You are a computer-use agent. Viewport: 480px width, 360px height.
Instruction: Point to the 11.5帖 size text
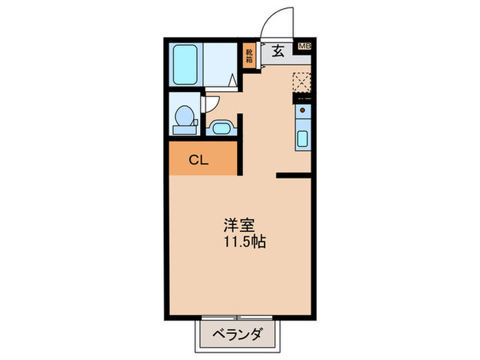coord(245,242)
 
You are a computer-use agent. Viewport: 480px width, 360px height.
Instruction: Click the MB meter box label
coord(304,47)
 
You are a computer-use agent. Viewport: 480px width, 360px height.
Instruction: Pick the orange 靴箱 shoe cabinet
coord(250,53)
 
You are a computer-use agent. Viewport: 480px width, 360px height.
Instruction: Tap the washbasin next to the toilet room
coord(221,127)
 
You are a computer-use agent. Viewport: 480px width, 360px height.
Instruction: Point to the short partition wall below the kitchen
coord(295,176)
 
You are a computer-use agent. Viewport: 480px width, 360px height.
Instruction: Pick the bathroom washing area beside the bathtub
coord(221,65)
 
